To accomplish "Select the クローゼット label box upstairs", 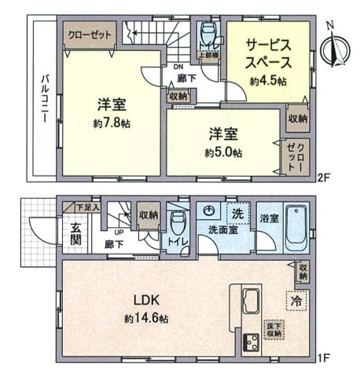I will pyautogui.click(x=88, y=35).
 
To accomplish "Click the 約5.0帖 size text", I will pyautogui.click(x=224, y=152).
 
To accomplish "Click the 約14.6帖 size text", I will pyautogui.click(x=146, y=320).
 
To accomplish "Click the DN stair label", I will pyautogui.click(x=178, y=68).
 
